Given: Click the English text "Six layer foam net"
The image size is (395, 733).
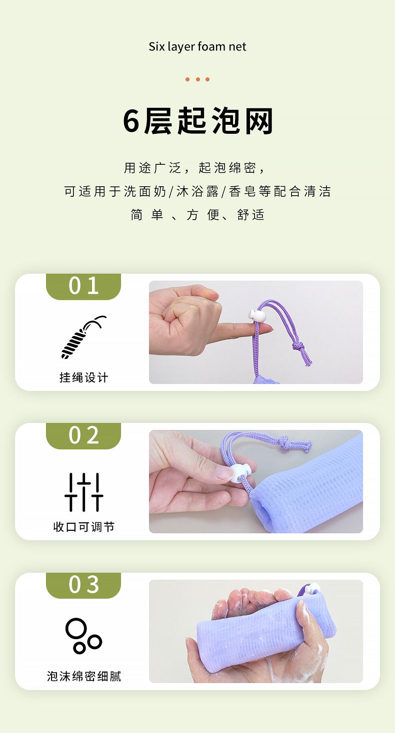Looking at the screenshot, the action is [197, 47].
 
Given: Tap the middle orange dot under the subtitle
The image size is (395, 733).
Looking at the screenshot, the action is [197, 79].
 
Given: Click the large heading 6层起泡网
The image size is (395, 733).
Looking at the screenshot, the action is [198, 121].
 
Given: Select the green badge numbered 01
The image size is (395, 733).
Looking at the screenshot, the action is [83, 286].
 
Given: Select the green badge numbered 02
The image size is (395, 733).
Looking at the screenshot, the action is [83, 435].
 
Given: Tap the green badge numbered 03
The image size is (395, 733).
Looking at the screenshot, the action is [83, 585].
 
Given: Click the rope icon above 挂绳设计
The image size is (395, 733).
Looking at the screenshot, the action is [83, 337].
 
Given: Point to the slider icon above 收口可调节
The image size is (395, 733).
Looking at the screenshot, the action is [83, 492].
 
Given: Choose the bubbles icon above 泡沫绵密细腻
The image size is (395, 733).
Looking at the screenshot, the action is [83, 636].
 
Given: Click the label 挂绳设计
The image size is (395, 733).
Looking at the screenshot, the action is [83, 377].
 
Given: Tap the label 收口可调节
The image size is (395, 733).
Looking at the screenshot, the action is [83, 527].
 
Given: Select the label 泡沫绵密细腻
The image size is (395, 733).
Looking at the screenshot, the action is [83, 676].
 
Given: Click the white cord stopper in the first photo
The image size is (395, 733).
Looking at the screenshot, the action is [256, 317].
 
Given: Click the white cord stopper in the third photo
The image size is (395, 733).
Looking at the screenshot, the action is [312, 588].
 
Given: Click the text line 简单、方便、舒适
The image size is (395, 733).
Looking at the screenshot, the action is [197, 215].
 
